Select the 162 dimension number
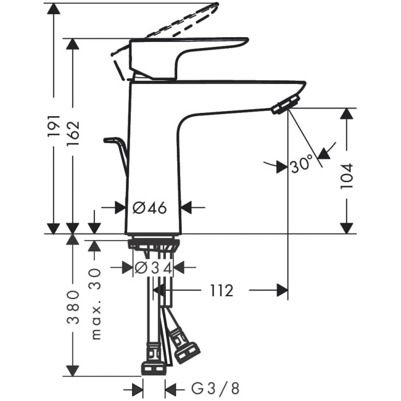pyautogui.click(x=73, y=130)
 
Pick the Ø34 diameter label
pyautogui.click(x=153, y=267)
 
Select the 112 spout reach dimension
pyautogui.click(x=220, y=291)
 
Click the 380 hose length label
pyautogui.click(x=73, y=314)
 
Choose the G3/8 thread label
pyautogui.click(x=216, y=389)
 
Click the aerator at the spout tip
pyautogui.click(x=286, y=105)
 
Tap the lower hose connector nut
pyautogui.click(x=154, y=368)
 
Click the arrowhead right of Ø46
pyautogui.click(x=187, y=207)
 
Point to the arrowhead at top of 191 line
pyautogui.click(x=53, y=9)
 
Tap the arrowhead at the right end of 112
pyautogui.click(x=282, y=291)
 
